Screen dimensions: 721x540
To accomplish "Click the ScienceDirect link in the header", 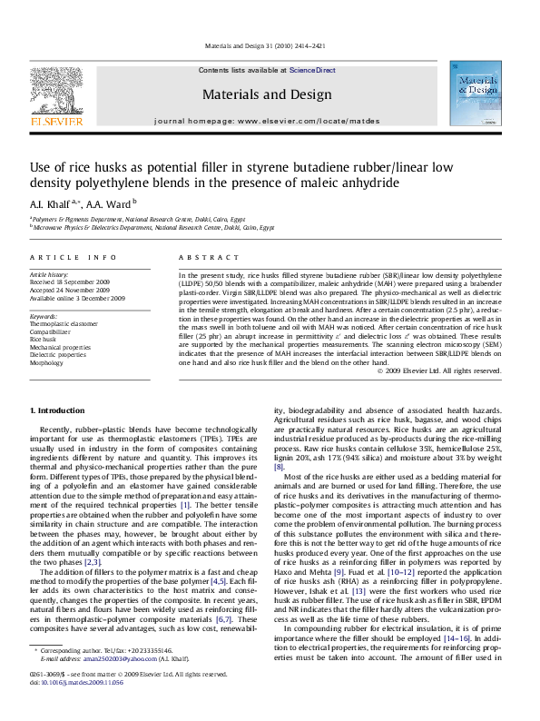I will (x=312, y=70).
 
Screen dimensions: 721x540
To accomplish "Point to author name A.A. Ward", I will (x=113, y=204).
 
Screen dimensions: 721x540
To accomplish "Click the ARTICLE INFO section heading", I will (x=73, y=258).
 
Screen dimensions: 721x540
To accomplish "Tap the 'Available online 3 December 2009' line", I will (x=77, y=297).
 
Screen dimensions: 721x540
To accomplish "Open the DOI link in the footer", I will (x=82, y=707).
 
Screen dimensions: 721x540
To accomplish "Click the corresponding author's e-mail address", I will (x=117, y=685).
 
